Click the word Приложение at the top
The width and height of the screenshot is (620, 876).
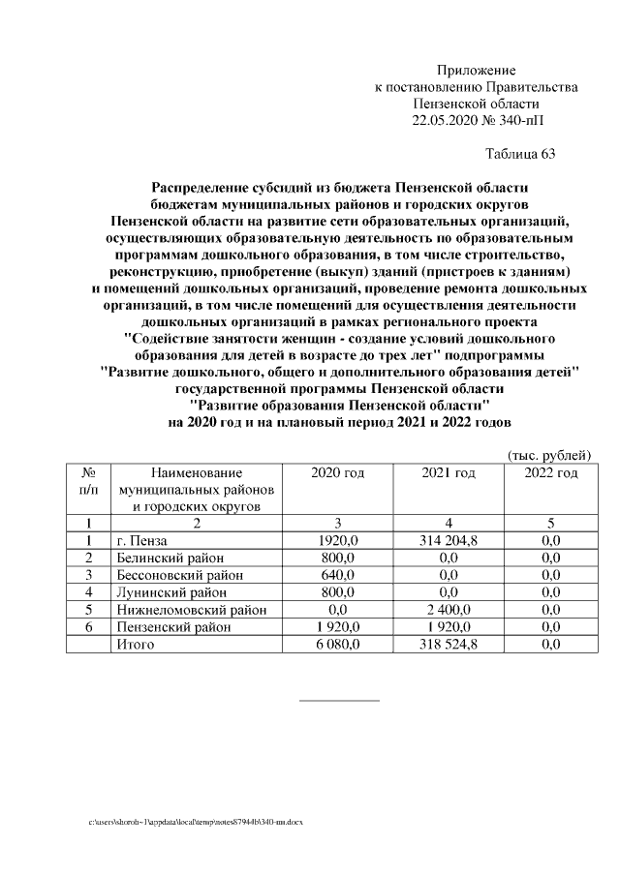tap(476, 71)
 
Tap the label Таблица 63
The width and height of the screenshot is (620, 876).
tap(519, 154)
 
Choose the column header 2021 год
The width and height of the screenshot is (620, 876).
tap(448, 473)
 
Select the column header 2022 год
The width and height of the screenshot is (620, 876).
tap(550, 473)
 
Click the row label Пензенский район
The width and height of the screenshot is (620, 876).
tap(173, 627)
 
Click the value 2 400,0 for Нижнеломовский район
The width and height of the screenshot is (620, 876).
tap(448, 610)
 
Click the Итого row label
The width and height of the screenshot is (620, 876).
tap(135, 645)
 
